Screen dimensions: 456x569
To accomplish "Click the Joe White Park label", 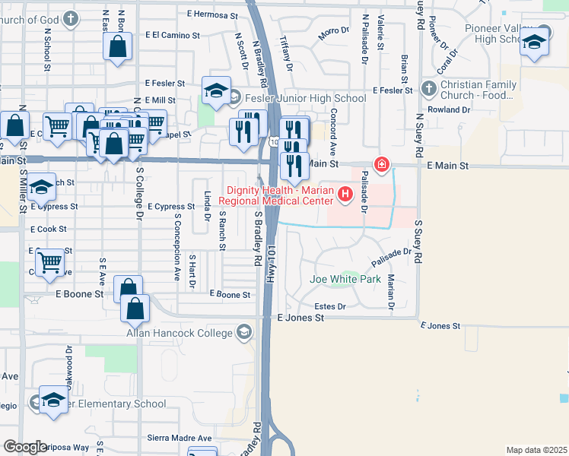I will point(345,279).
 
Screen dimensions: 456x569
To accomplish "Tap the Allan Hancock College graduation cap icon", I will point(244,332).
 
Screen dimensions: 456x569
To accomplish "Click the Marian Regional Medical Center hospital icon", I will point(346,195).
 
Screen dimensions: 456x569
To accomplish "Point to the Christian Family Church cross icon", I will point(428,90).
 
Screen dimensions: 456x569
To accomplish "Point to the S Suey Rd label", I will point(418,242).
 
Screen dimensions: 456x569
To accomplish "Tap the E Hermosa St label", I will point(212,14).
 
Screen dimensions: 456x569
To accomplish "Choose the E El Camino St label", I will point(175,36).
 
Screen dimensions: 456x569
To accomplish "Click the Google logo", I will point(25,447).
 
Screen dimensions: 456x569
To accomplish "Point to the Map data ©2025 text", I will point(536,450).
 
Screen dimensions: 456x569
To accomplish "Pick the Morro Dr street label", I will point(333,32).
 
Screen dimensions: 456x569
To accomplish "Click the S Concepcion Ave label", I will point(178,255).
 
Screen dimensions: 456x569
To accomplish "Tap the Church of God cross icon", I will point(71,18).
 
